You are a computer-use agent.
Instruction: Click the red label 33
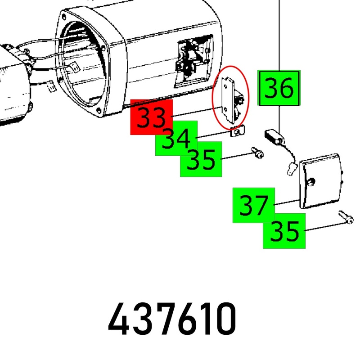tap(152, 117)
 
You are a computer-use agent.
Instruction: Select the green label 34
tap(176, 138)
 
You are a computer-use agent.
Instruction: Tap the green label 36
tap(279, 88)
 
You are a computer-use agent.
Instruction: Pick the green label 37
tap(254, 205)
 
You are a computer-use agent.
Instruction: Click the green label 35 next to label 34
tap(201, 159)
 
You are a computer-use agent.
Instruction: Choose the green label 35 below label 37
tap(284, 231)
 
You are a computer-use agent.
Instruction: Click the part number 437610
tap(172, 319)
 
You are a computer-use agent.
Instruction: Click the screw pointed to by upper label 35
tap(257, 153)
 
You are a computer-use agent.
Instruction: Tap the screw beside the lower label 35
tap(346, 217)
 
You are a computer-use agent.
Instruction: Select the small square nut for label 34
tap(237, 131)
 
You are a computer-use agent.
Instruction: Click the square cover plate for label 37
tap(321, 181)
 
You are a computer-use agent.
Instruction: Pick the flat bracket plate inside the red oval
tap(227, 100)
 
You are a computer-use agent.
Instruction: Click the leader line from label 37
tap(287, 202)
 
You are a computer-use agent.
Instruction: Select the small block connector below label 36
tap(274, 137)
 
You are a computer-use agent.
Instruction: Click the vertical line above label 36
tap(279, 35)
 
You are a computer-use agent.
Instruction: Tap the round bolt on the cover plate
tap(311, 182)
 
